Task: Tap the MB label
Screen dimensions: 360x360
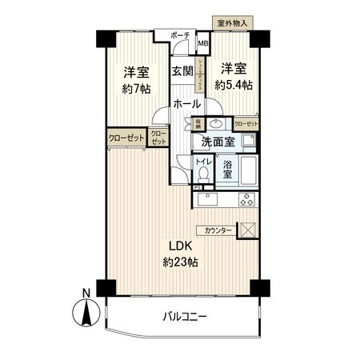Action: (x=203, y=44)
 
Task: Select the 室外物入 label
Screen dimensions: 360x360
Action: (x=231, y=23)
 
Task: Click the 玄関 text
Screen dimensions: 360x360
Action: (x=182, y=70)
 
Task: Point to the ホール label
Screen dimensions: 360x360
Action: (x=186, y=105)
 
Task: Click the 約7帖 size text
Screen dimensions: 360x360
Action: (x=135, y=89)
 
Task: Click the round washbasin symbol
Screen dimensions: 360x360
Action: (x=216, y=124)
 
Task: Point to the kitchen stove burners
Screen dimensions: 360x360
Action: (x=247, y=199)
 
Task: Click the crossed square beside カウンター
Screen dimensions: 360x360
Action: (x=249, y=230)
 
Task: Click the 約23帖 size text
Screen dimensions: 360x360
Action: (x=182, y=262)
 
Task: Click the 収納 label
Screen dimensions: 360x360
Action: (x=198, y=123)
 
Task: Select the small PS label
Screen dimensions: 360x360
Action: (x=197, y=188)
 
